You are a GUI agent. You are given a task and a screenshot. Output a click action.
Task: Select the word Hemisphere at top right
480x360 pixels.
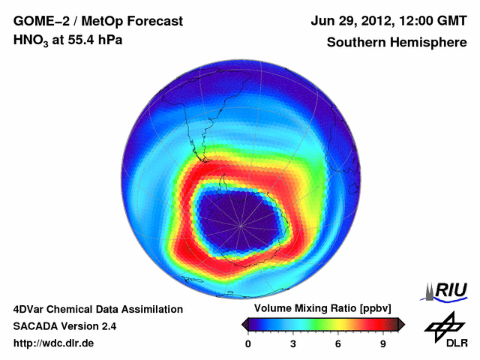point(429,42)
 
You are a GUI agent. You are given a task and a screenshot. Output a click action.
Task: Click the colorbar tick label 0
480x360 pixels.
point(248,343)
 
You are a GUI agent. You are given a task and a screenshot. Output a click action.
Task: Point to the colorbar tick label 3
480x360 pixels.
point(293,343)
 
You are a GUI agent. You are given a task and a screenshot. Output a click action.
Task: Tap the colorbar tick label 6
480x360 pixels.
point(338,343)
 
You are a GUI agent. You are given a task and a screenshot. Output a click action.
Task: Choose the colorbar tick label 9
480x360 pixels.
point(383,343)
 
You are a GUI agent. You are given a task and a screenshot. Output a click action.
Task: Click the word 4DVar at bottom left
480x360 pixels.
point(31,309)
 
